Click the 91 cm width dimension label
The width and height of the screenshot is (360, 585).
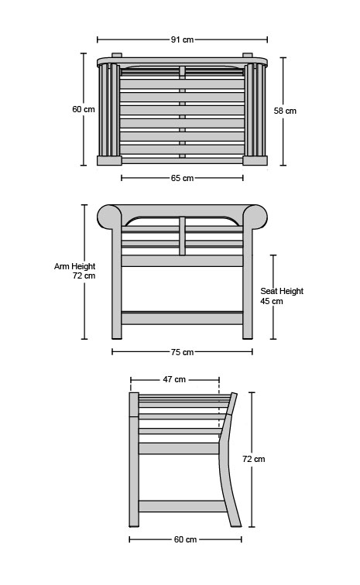pos(182,39)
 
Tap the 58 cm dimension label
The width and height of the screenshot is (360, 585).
pos(285,111)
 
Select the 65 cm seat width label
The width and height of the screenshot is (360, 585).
pos(182,178)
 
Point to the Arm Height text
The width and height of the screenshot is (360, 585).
pos(74,266)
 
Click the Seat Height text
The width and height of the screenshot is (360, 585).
pos(282,291)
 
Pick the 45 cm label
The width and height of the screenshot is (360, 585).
pos(272,301)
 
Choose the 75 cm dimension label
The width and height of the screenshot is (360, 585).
pos(182,352)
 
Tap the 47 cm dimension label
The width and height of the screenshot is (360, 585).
pos(174,379)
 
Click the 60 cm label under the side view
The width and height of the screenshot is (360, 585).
pos(185,539)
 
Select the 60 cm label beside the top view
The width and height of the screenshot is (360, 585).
pos(84,109)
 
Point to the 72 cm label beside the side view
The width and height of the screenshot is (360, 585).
pos(254,459)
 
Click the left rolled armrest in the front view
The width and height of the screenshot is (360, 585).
pos(109,217)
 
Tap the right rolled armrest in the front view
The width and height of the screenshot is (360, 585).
pos(255,217)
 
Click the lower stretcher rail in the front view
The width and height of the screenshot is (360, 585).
pos(182,318)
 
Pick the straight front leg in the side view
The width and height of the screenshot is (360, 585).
pos(134,460)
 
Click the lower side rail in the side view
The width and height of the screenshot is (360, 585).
pos(183,506)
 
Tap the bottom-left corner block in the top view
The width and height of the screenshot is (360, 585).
pos(109,160)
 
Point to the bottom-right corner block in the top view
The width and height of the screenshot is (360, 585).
pos(255,160)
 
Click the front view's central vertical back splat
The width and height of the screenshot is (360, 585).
pos(182,236)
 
